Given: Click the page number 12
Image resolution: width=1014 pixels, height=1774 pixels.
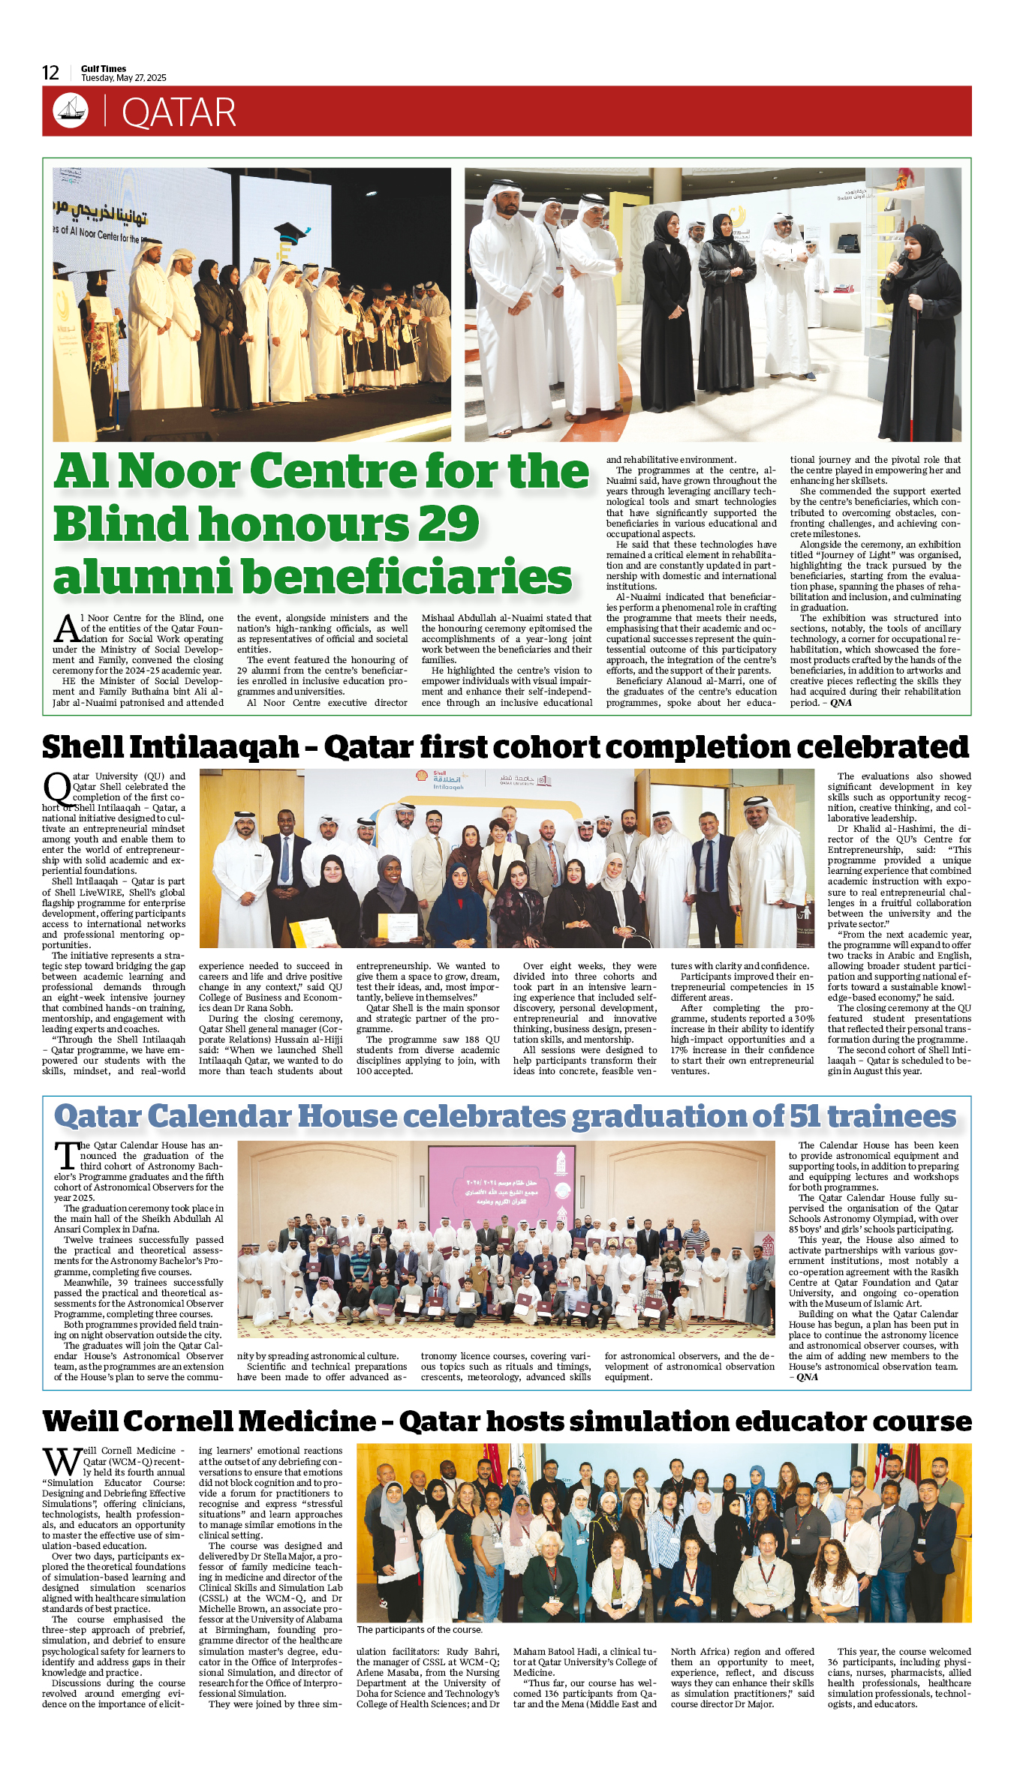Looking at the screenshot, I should point(50,73).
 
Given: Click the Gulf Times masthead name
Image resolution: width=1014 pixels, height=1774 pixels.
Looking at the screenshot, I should point(104,68).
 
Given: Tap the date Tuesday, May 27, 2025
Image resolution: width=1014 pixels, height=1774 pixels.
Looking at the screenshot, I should point(124,78).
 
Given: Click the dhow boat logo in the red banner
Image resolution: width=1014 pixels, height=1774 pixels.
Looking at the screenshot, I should point(71,111).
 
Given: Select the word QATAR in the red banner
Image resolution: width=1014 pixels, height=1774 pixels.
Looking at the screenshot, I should point(179,113).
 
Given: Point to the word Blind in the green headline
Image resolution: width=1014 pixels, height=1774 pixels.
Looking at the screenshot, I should point(120,524).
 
